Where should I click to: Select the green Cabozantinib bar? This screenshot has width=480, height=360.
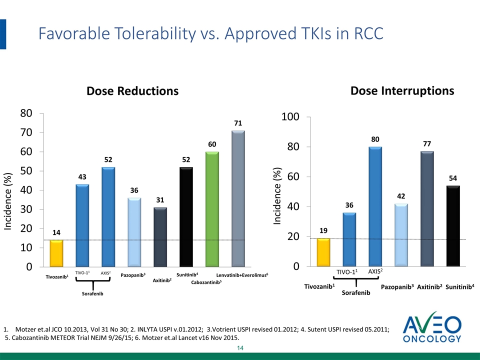click(212, 209)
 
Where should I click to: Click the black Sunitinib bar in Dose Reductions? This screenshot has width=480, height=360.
click(186, 216)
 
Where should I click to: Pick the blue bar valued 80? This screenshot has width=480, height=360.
click(375, 206)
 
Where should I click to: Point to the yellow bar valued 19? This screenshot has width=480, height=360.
click(324, 252)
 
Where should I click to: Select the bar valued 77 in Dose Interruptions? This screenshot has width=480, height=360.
click(427, 208)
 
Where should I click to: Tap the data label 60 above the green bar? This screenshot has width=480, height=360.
click(212, 144)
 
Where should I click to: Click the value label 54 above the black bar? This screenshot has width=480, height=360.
click(453, 178)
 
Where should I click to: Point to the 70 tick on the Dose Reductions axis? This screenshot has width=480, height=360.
click(27, 132)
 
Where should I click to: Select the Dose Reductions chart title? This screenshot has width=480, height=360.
click(132, 91)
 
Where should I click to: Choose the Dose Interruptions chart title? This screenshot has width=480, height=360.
click(402, 90)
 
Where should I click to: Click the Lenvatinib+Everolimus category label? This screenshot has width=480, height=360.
click(242, 275)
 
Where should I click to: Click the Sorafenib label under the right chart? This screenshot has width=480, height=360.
click(355, 292)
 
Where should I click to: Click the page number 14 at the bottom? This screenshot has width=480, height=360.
click(239, 348)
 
